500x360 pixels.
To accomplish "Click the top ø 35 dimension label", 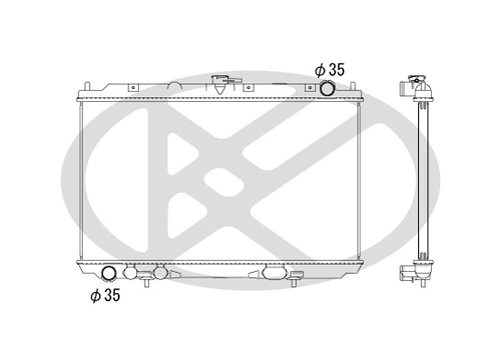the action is pyautogui.click(x=330, y=70).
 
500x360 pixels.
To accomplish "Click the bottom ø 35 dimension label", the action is pyautogui.click(x=105, y=295).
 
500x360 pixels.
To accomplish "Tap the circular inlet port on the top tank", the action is pyautogui.click(x=327, y=88).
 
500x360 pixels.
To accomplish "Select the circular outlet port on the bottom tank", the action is pyautogui.click(x=108, y=274).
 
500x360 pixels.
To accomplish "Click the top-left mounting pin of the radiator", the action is pyautogui.click(x=87, y=86).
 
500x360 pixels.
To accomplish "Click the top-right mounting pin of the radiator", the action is pyautogui.click(x=353, y=86).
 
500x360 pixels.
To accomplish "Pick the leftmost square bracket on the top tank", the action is pyautogui.click(x=133, y=87).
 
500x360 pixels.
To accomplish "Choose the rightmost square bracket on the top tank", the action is pyautogui.click(x=310, y=87).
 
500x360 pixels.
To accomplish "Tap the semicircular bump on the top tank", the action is pyautogui.click(x=175, y=86).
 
